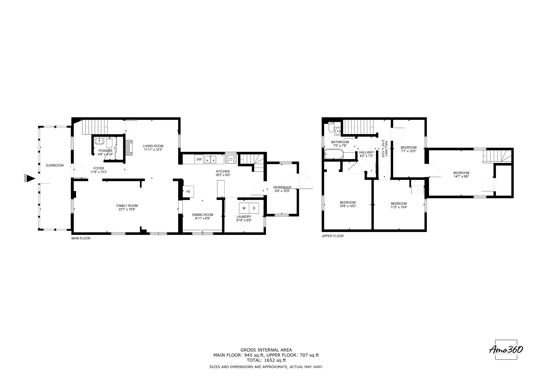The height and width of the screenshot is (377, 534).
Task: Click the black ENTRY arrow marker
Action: click(31, 179)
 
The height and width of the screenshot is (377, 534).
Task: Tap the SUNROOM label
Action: click(54, 165)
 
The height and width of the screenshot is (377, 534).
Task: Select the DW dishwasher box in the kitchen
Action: click(199, 159)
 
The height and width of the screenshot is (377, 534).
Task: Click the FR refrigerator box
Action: click(188, 192)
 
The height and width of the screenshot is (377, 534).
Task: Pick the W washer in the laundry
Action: click(244, 208)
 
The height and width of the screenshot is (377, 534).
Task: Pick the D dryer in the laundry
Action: click(254, 208)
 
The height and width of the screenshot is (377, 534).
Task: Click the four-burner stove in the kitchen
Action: click(231, 159)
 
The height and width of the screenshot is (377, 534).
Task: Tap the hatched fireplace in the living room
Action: click(129, 148)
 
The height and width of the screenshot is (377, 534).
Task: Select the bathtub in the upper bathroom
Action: click(334, 154)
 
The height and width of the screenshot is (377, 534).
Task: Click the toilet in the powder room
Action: click(109, 143)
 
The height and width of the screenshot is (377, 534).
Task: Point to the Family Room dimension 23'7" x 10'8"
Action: click(127, 209)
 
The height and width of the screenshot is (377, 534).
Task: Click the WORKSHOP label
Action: click(282, 187)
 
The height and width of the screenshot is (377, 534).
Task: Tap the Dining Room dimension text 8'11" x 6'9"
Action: click(203, 218)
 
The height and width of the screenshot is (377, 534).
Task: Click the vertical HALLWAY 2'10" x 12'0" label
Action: click(385, 148)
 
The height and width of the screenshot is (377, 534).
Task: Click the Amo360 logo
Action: click(506, 350)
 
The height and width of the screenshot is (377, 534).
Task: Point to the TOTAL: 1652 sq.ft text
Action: click(266, 360)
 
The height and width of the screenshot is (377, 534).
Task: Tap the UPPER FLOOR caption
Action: click(332, 236)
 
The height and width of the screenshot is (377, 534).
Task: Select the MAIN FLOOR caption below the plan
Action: click(81, 238)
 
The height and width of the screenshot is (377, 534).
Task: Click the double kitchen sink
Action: click(210, 159)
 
